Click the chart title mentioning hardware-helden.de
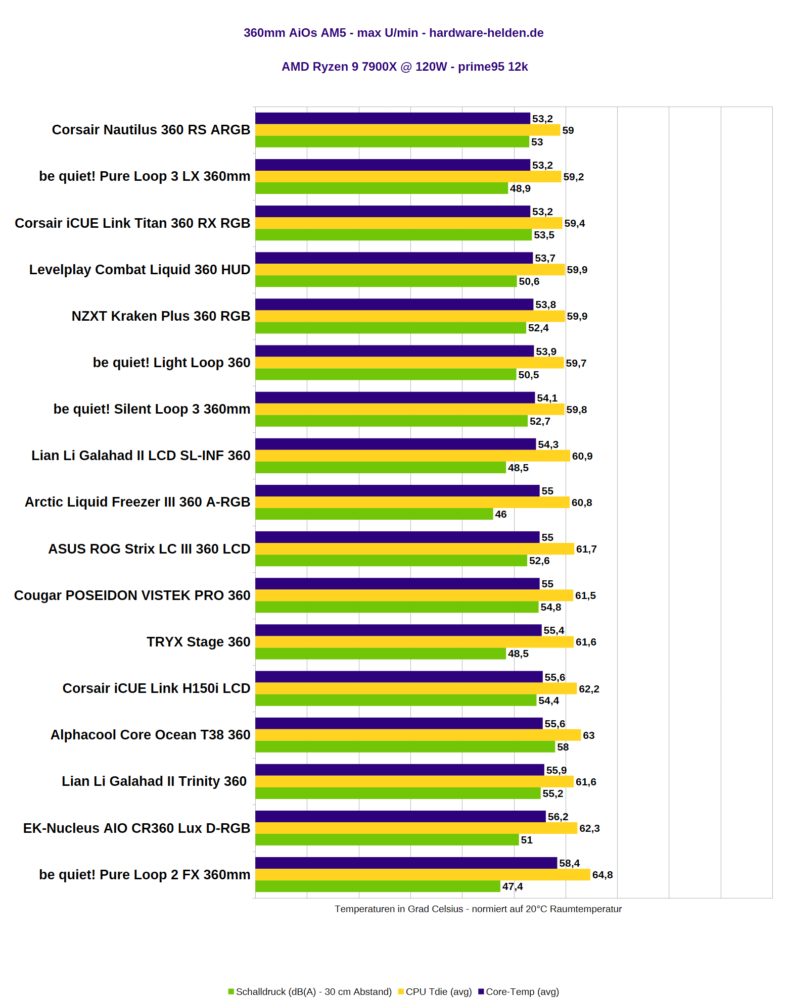(x=393, y=33)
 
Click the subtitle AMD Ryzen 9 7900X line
(x=404, y=67)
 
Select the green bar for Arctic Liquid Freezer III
(x=374, y=514)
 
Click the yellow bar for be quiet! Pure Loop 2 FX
(x=423, y=875)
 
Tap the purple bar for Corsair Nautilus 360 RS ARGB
(x=393, y=118)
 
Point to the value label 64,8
(x=602, y=875)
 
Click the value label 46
(x=501, y=514)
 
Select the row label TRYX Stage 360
(x=198, y=642)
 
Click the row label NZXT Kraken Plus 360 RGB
(x=161, y=316)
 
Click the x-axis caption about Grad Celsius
(x=478, y=909)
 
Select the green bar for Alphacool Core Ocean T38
(x=405, y=746)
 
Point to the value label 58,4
(x=570, y=863)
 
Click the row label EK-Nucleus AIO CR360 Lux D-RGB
(x=136, y=828)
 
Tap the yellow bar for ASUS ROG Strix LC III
(x=414, y=549)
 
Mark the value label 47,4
(x=513, y=886)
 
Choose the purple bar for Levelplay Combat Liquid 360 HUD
(x=394, y=258)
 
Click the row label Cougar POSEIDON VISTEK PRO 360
(x=132, y=595)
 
